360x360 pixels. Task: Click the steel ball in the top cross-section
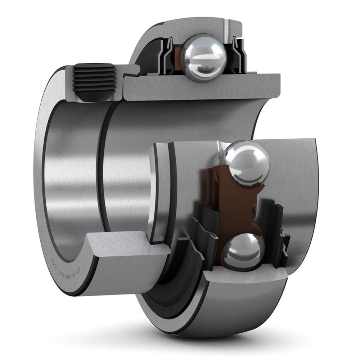(x=204, y=58)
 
